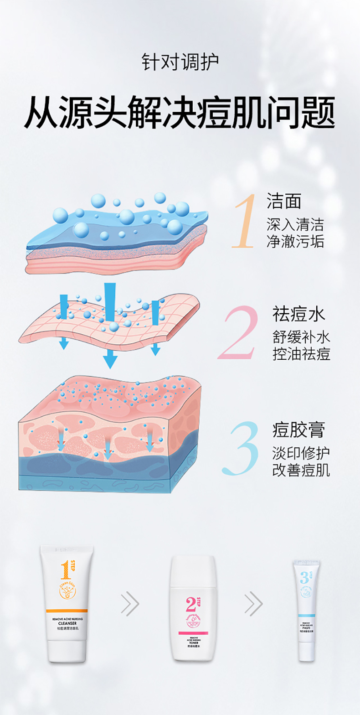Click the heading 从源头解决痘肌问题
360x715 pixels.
click(180, 112)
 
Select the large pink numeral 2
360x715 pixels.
click(238, 333)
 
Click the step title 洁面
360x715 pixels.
click(284, 201)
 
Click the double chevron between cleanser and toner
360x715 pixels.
click(130, 605)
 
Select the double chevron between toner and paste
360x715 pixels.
click(253, 605)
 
